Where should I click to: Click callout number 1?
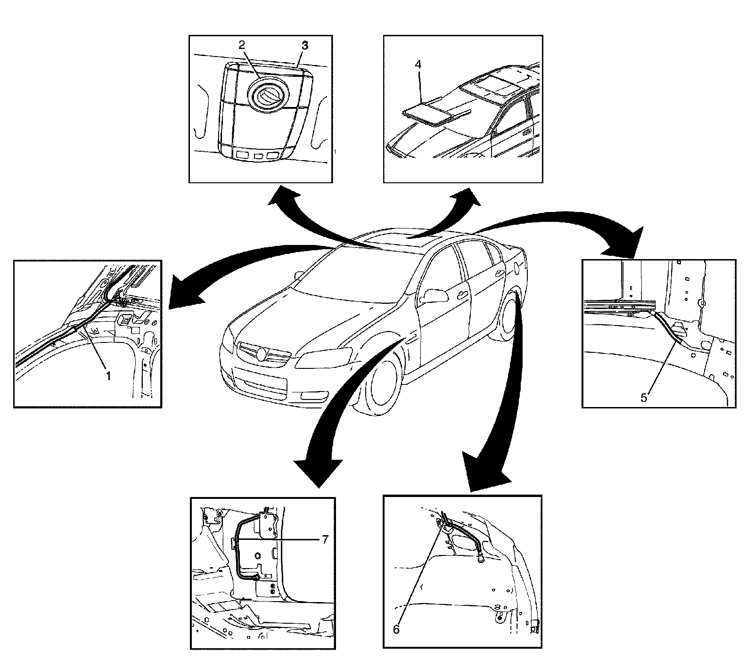pos(108,376)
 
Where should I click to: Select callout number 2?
pos(241,45)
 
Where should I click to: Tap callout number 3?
pos(304,46)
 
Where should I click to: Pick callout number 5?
pos(644,397)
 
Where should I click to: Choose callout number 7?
pos(325,540)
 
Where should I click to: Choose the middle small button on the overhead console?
pos(258,155)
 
